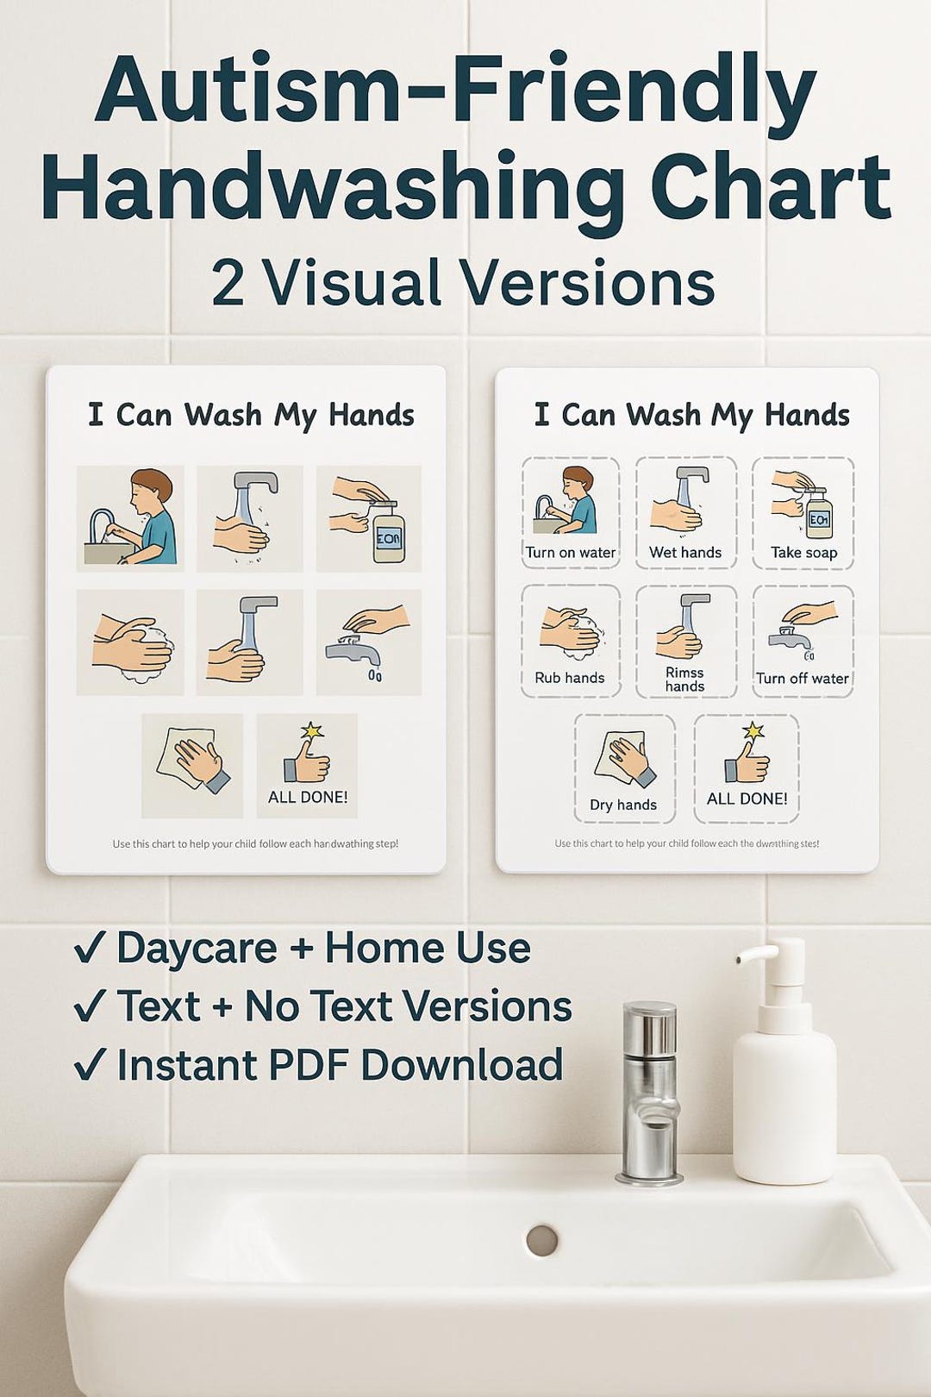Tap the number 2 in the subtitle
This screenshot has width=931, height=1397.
point(228,283)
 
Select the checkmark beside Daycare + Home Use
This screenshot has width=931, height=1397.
point(90,949)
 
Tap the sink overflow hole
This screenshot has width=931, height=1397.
point(542,1240)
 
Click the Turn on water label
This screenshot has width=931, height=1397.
point(571,553)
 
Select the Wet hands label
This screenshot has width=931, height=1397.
point(685,553)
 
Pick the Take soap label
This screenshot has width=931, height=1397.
point(803,553)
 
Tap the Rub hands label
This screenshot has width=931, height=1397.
point(570,678)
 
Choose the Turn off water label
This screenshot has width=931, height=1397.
point(803,679)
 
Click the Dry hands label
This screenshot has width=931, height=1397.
point(623,805)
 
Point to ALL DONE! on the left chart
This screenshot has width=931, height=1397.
point(308,798)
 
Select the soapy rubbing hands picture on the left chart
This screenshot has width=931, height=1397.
point(131,643)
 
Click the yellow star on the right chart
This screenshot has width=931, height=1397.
point(753,731)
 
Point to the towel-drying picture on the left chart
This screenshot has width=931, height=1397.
point(191,764)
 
